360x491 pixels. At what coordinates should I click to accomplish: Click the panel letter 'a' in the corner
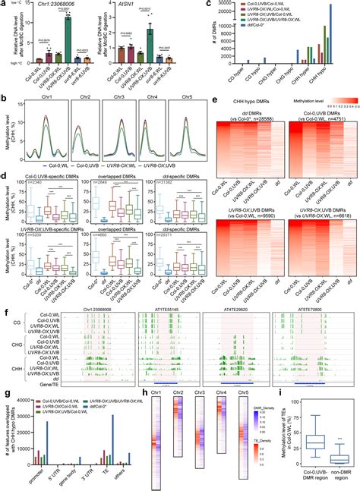tap(4, 4)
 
